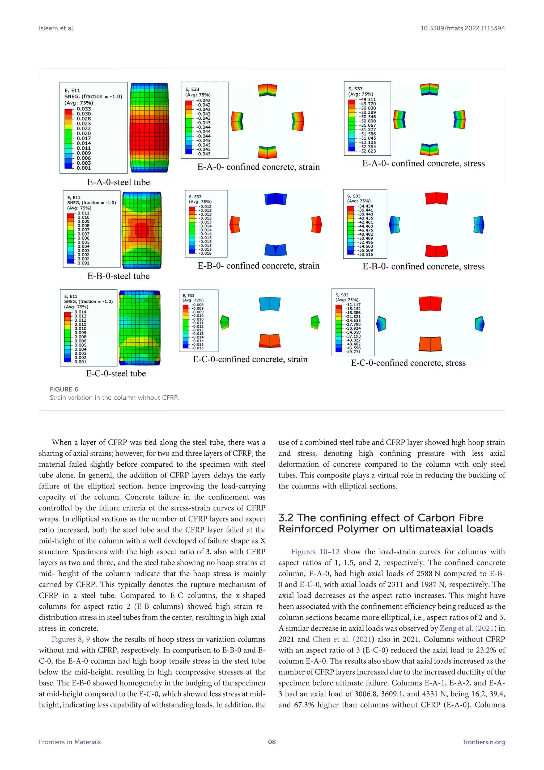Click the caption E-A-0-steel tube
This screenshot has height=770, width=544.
(x=118, y=182)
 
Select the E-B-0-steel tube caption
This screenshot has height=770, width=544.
(x=118, y=276)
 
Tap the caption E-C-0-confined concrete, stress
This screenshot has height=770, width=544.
(x=408, y=363)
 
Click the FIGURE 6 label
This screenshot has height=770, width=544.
(x=64, y=389)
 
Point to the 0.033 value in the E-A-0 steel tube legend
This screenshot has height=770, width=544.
(x=84, y=109)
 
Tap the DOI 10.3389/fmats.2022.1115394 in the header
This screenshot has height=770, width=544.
(x=463, y=28)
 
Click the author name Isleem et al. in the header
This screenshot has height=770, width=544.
(x=57, y=28)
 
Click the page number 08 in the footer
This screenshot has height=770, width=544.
(x=272, y=742)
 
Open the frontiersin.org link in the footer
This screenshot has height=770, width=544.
(x=484, y=742)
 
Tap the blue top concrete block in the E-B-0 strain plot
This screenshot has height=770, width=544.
(x=275, y=199)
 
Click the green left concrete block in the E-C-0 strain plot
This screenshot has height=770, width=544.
(x=224, y=322)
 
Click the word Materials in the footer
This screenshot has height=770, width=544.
(x=87, y=742)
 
